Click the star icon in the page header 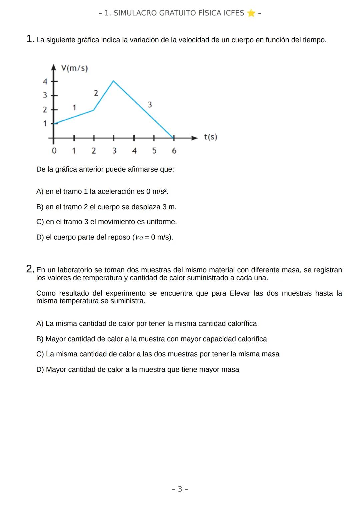251,13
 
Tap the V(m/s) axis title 74,69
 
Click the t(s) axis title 210,137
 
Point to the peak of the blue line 114,81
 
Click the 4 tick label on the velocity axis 45,81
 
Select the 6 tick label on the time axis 174,151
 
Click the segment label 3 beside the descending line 150,105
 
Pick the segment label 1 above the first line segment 74,108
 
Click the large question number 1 30,39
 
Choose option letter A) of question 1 40,192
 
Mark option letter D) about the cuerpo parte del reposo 40,237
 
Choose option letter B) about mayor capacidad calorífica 40,339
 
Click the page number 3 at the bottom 180,489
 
